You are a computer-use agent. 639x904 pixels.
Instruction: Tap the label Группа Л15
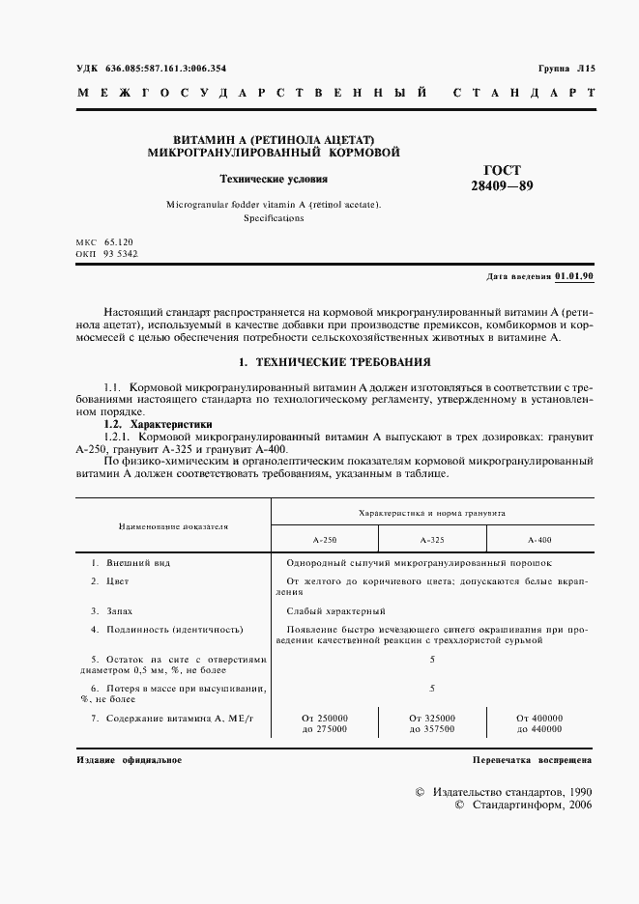(567, 69)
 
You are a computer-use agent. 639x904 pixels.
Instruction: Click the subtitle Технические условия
(274, 179)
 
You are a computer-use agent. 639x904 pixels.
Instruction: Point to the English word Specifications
(274, 218)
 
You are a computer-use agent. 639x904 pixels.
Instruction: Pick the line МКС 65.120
(106, 240)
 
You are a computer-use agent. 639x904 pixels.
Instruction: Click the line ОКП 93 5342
(107, 253)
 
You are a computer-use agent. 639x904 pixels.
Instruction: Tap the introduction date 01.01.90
(574, 276)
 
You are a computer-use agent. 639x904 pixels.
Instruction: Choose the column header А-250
(325, 539)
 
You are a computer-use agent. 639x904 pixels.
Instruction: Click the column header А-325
(432, 539)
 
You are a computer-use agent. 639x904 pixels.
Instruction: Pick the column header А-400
(539, 539)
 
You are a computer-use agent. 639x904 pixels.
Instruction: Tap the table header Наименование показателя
(173, 526)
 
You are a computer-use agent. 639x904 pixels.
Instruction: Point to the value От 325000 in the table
(432, 718)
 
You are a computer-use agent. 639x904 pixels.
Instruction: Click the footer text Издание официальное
(129, 760)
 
